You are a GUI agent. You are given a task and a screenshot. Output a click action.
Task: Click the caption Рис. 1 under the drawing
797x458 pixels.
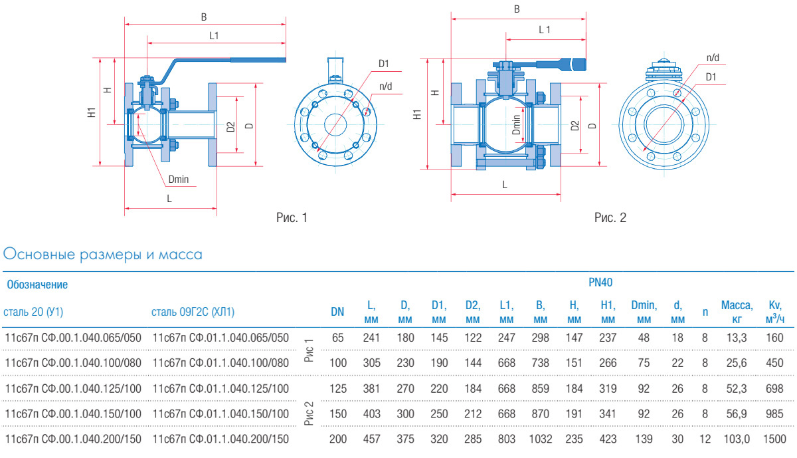click(x=292, y=217)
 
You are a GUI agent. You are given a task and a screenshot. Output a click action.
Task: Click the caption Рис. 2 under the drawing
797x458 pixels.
click(x=610, y=217)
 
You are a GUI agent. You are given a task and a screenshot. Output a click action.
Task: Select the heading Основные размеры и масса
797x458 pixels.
click(x=103, y=254)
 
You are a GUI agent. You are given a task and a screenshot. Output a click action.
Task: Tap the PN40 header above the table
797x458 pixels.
click(x=600, y=283)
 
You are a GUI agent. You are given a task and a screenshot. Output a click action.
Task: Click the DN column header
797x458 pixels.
click(x=337, y=312)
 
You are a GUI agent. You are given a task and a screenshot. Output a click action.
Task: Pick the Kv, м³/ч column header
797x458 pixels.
click(x=774, y=312)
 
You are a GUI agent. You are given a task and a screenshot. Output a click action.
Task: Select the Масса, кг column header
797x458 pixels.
click(x=737, y=312)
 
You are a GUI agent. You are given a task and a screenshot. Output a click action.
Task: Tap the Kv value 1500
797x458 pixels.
click(x=774, y=439)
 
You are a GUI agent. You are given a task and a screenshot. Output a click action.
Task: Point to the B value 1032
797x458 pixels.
click(x=540, y=439)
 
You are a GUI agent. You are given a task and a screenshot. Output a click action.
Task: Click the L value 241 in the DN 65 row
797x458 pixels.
click(x=372, y=337)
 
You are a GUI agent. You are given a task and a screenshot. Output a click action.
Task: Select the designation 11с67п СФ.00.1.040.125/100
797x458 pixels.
click(x=73, y=388)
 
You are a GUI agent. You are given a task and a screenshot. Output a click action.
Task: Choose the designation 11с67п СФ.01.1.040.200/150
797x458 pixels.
click(x=221, y=439)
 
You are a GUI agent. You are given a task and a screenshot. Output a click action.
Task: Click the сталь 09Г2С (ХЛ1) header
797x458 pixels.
click(x=193, y=312)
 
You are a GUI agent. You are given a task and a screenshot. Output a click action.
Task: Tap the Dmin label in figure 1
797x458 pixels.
click(x=179, y=179)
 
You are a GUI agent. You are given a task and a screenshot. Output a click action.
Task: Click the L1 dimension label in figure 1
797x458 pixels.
click(x=214, y=36)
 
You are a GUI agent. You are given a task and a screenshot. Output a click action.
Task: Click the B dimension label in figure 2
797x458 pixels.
click(x=517, y=9)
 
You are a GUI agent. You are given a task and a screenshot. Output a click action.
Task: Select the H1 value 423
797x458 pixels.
click(x=608, y=439)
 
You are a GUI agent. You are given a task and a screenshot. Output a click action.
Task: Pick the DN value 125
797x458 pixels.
click(x=338, y=388)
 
